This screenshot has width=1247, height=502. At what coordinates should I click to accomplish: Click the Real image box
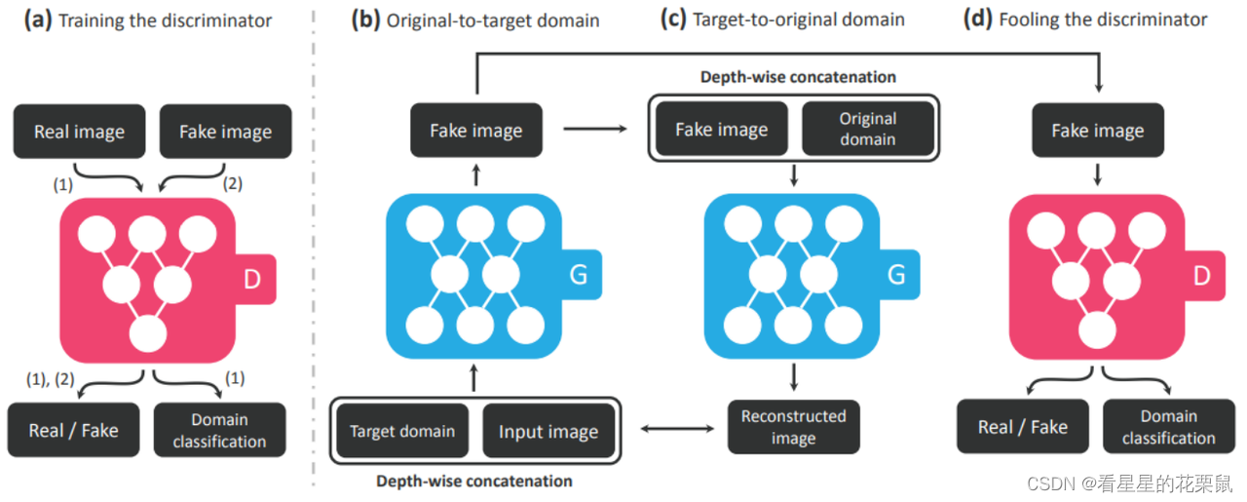pyautogui.click(x=79, y=132)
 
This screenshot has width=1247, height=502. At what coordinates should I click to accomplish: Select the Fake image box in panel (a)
pyautogui.click(x=225, y=132)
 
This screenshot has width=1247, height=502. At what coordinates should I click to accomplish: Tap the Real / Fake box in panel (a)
pyautogui.click(x=73, y=430)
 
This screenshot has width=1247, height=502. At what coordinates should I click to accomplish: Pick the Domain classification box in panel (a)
pyautogui.click(x=219, y=430)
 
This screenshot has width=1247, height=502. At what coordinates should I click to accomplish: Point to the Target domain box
pyautogui.click(x=402, y=431)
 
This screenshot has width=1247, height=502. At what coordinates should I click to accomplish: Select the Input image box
pyautogui.click(x=548, y=432)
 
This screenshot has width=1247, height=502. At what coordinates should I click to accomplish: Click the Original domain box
pyautogui.click(x=867, y=129)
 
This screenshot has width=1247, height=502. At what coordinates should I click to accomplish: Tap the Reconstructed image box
pyautogui.click(x=793, y=427)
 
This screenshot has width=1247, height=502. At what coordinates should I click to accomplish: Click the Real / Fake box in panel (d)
pyautogui.click(x=1022, y=427)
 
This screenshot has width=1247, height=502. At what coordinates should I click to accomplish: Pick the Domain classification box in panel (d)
pyautogui.click(x=1168, y=427)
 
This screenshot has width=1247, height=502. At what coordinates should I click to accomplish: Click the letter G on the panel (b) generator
pyautogui.click(x=578, y=274)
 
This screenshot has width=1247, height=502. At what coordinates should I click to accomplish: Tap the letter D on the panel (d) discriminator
pyautogui.click(x=1201, y=277)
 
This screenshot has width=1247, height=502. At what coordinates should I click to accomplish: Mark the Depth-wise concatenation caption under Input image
pyautogui.click(x=474, y=481)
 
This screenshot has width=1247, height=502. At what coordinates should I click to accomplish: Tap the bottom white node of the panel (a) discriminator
pyautogui.click(x=148, y=336)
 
